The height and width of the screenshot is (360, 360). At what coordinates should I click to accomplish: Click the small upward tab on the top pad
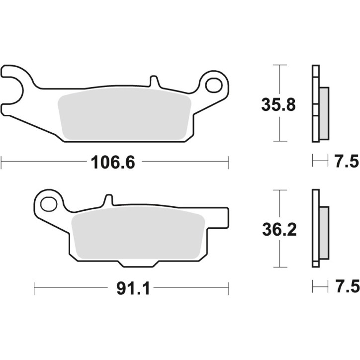point(154,81)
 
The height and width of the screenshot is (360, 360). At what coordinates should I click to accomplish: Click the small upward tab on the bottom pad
point(108,201)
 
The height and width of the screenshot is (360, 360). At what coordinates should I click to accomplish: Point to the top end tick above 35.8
point(280,66)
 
